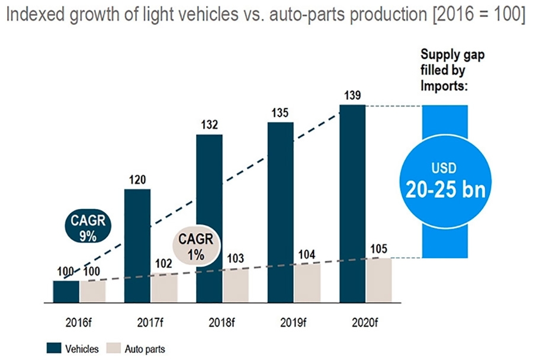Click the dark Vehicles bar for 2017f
click(137, 245)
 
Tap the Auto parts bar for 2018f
click(236, 286)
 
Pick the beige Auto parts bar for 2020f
click(379, 280)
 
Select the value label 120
click(137, 180)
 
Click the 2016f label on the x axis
click(79, 323)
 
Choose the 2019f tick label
click(293, 323)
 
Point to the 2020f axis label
click(366, 323)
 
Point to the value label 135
click(280, 113)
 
